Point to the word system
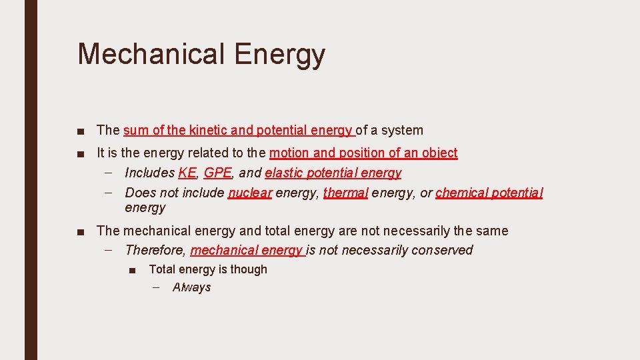tap(403, 131)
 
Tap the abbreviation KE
tap(187, 173)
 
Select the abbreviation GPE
tap(217, 173)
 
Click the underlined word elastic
tap(282, 173)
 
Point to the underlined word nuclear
tap(250, 193)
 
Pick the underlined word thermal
tap(345, 193)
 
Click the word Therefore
tap(154, 250)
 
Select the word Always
tap(191, 287)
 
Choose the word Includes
tap(149, 173)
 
